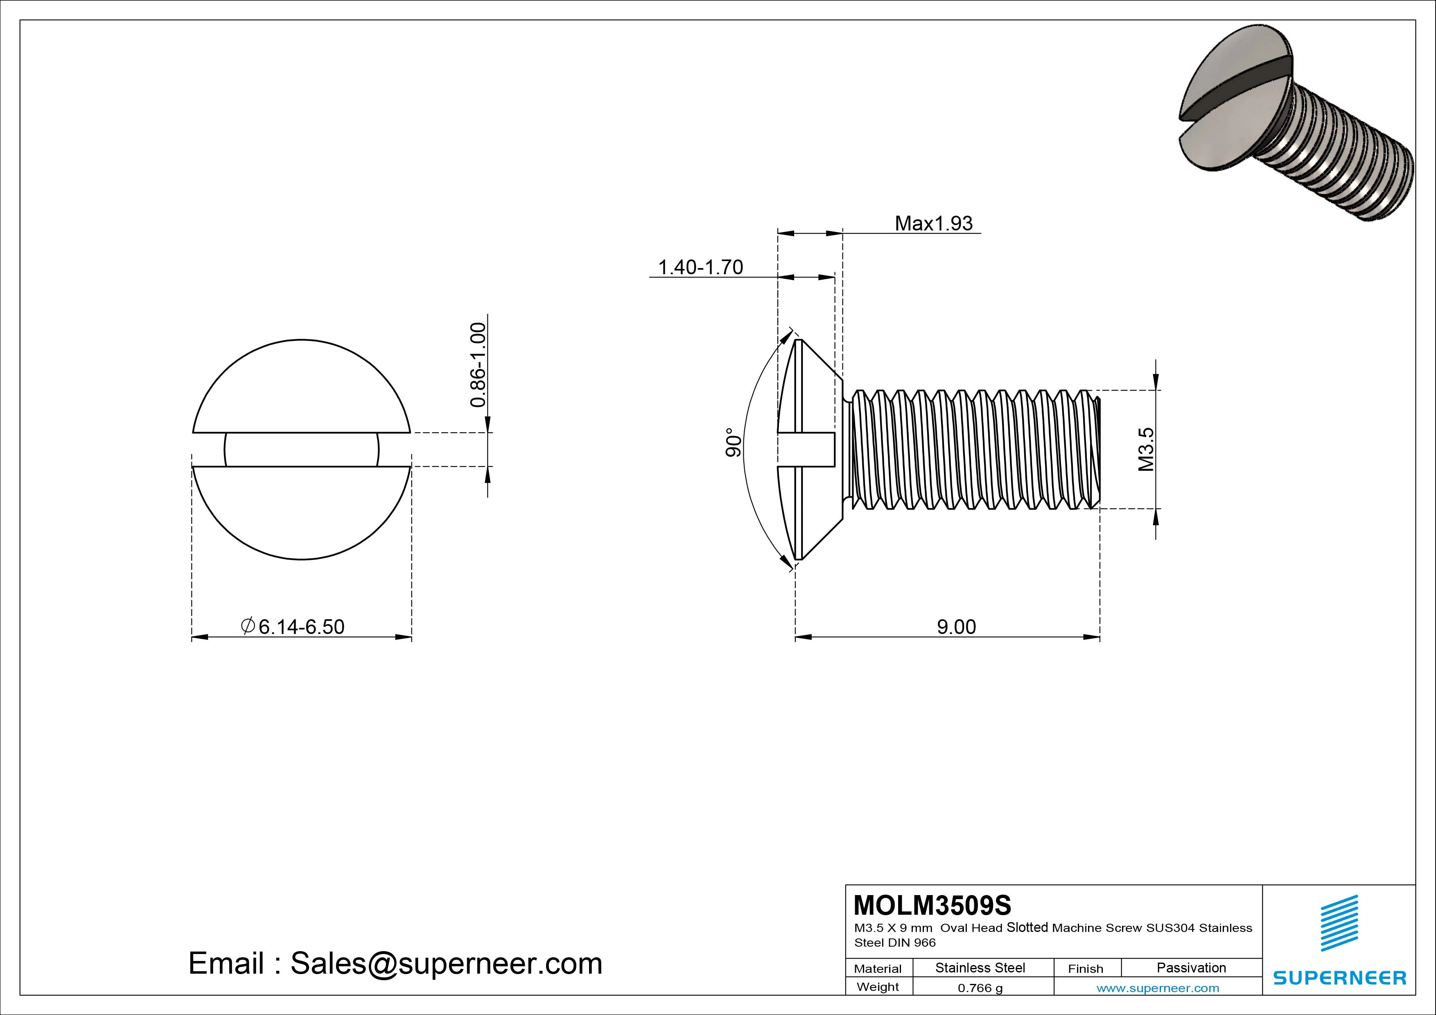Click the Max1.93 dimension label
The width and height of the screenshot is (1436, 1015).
pos(933,223)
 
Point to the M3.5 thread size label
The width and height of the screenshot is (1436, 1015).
pos(1145,449)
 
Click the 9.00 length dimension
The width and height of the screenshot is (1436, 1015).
pos(956,627)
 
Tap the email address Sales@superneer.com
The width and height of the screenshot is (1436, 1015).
pos(395,964)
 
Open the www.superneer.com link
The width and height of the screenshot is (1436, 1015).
pos(1158,988)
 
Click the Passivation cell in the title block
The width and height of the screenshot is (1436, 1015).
pos(1191,968)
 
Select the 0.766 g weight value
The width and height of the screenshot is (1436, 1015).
pos(980,988)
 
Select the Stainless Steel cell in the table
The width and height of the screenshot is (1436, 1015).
pos(980,968)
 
